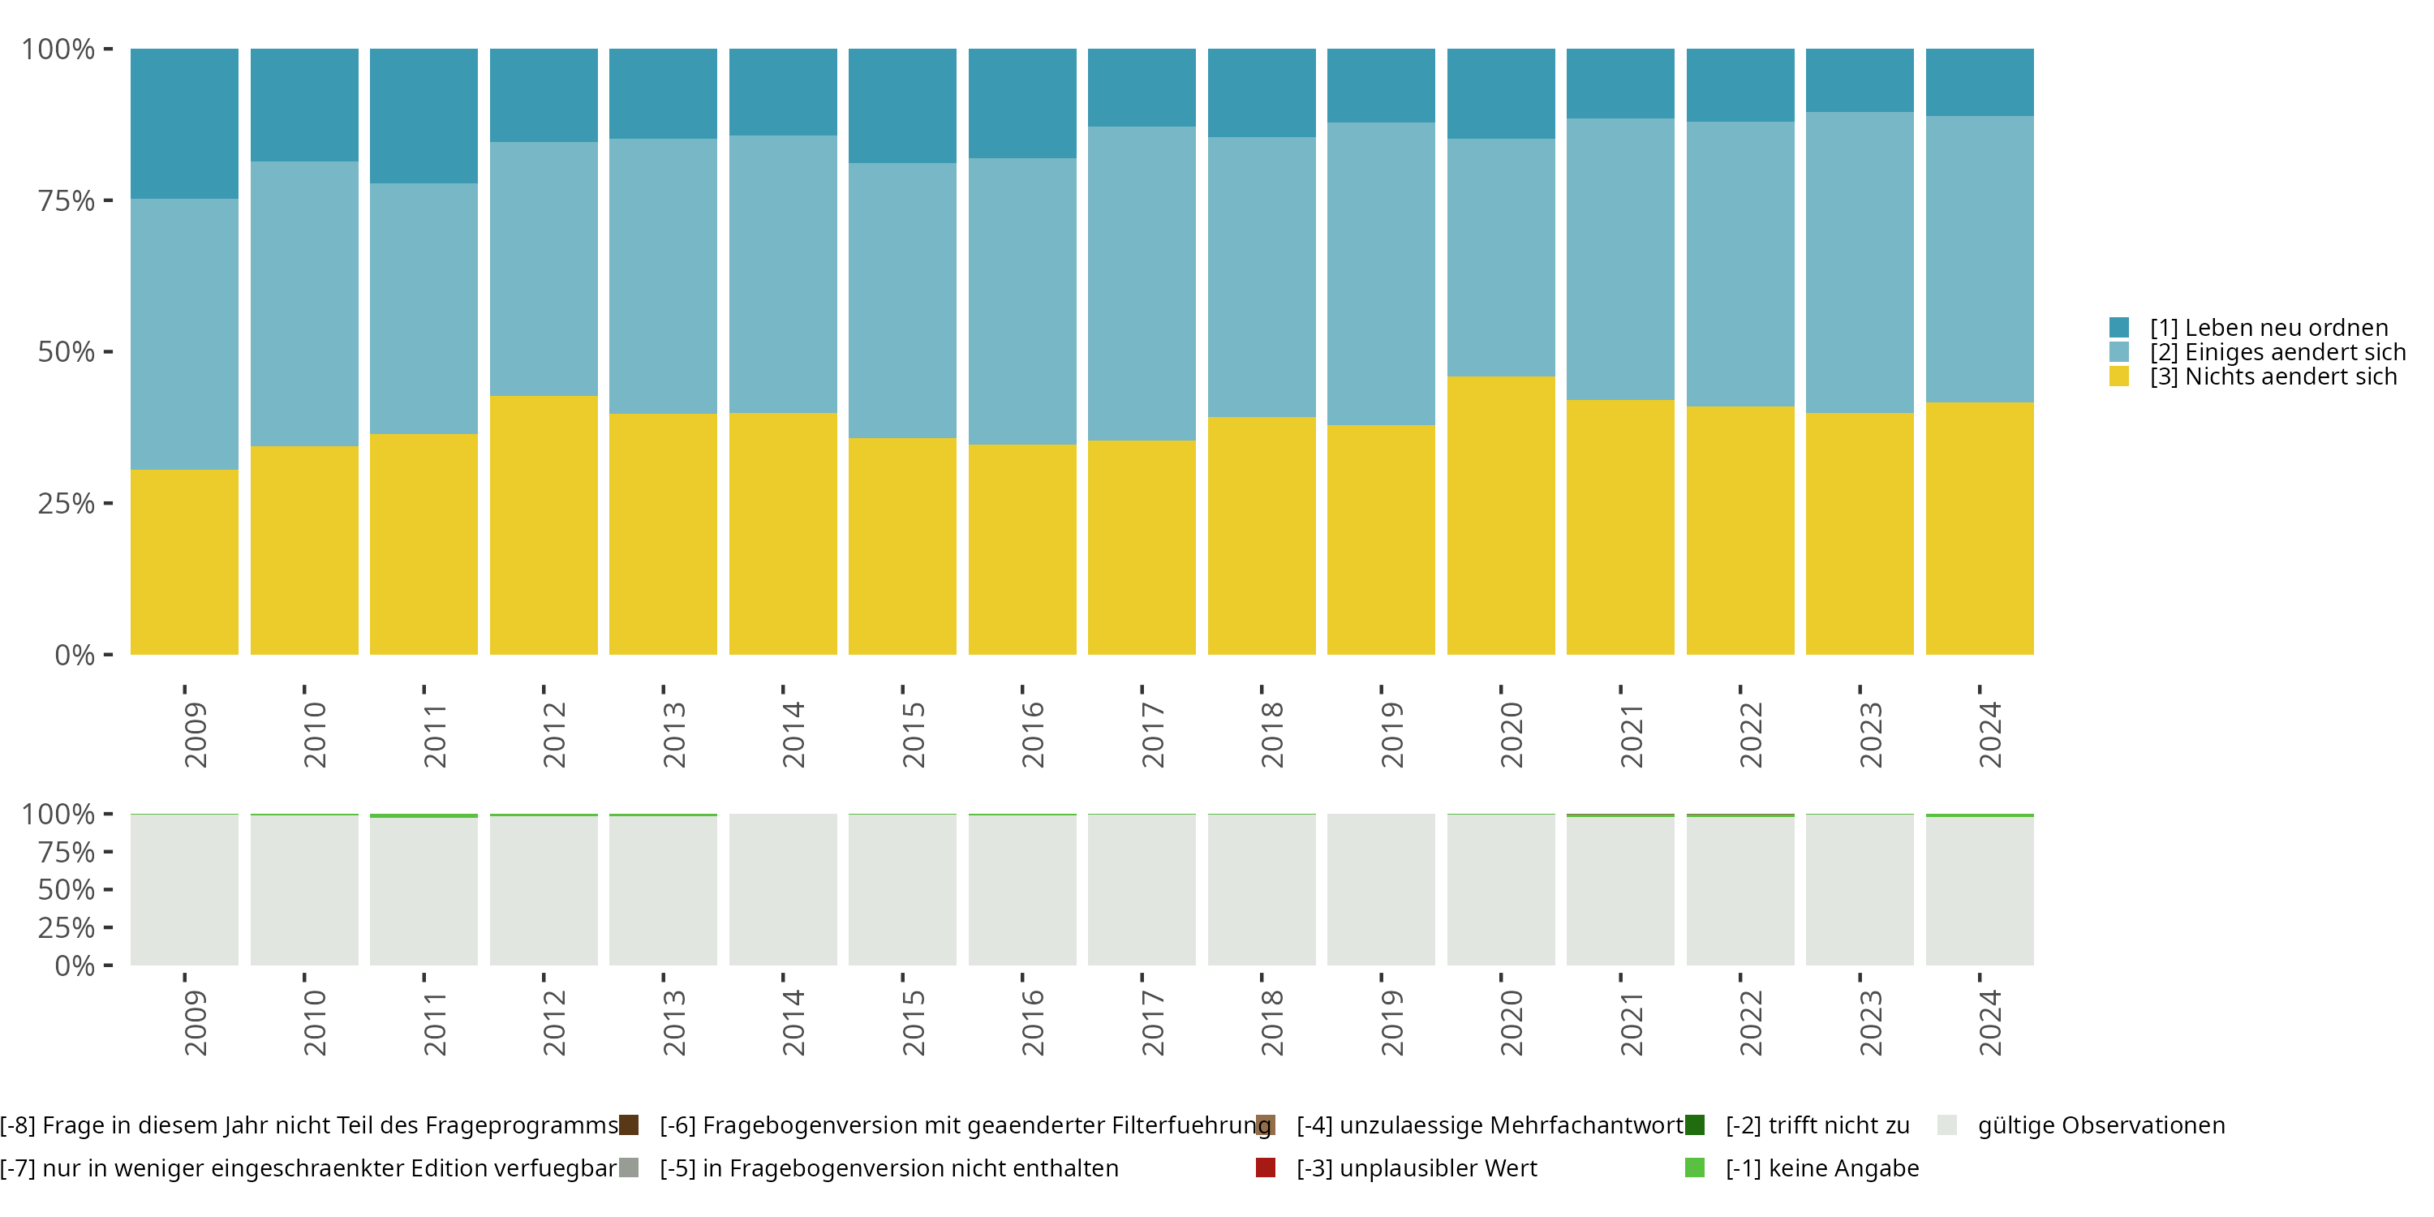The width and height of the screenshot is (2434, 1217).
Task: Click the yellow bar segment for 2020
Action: (x=1500, y=515)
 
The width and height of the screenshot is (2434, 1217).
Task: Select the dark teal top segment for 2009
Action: (x=184, y=123)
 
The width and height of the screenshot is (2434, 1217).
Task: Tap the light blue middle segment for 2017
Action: (x=1142, y=283)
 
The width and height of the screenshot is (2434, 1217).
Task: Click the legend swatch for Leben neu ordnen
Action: (x=2118, y=328)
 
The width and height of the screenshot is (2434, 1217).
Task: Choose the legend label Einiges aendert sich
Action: (x=2277, y=352)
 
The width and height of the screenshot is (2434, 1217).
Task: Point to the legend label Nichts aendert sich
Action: (x=2273, y=377)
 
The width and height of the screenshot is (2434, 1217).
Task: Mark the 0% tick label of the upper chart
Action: (x=75, y=655)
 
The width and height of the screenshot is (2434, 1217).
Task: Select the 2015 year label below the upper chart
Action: (x=913, y=734)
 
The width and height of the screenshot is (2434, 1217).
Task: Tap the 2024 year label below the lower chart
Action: (x=1990, y=1022)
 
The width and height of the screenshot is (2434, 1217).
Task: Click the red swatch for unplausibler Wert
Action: (x=1265, y=1168)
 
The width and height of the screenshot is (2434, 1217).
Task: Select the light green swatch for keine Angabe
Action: (x=1694, y=1168)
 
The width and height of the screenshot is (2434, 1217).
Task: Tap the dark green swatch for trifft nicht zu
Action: (x=1694, y=1125)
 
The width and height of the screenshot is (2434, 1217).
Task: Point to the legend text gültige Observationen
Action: (x=2101, y=1125)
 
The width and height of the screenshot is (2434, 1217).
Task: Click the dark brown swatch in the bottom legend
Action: (x=628, y=1125)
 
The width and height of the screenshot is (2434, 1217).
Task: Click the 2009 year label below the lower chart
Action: (x=195, y=1022)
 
